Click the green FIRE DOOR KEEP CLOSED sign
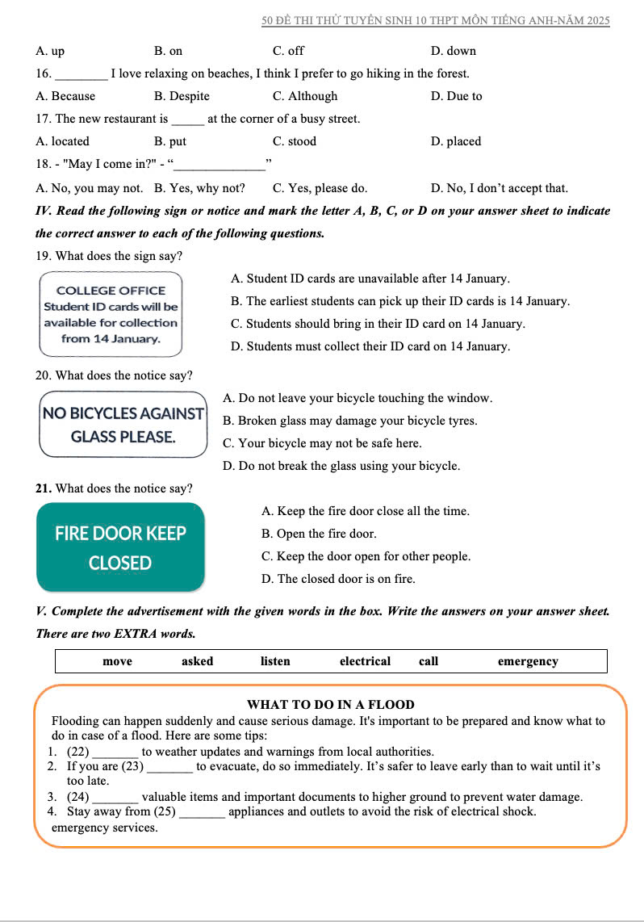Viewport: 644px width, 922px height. coord(120,547)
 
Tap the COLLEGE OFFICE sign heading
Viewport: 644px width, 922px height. coord(111,291)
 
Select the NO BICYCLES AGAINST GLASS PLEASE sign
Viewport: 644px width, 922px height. coord(123,425)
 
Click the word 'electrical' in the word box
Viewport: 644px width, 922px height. coord(365,661)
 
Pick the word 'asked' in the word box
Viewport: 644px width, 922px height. coord(197,661)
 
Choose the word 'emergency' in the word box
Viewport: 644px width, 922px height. coord(528,661)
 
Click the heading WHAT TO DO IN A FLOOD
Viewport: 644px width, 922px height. coord(331,705)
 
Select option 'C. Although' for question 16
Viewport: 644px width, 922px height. coord(305,96)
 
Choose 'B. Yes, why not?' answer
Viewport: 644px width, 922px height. coord(199,188)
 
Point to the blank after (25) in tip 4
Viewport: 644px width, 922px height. coord(202,811)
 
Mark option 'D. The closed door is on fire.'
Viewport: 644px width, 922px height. coord(338,579)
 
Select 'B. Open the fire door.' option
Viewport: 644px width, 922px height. coord(319,534)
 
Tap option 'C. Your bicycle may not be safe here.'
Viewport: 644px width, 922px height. coord(321,443)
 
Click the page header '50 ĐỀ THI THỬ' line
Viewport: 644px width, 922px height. coord(436,20)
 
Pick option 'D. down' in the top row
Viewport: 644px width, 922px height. coord(454,51)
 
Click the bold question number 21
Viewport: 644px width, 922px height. coord(44,488)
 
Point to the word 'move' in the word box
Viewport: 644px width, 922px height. coord(118,661)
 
